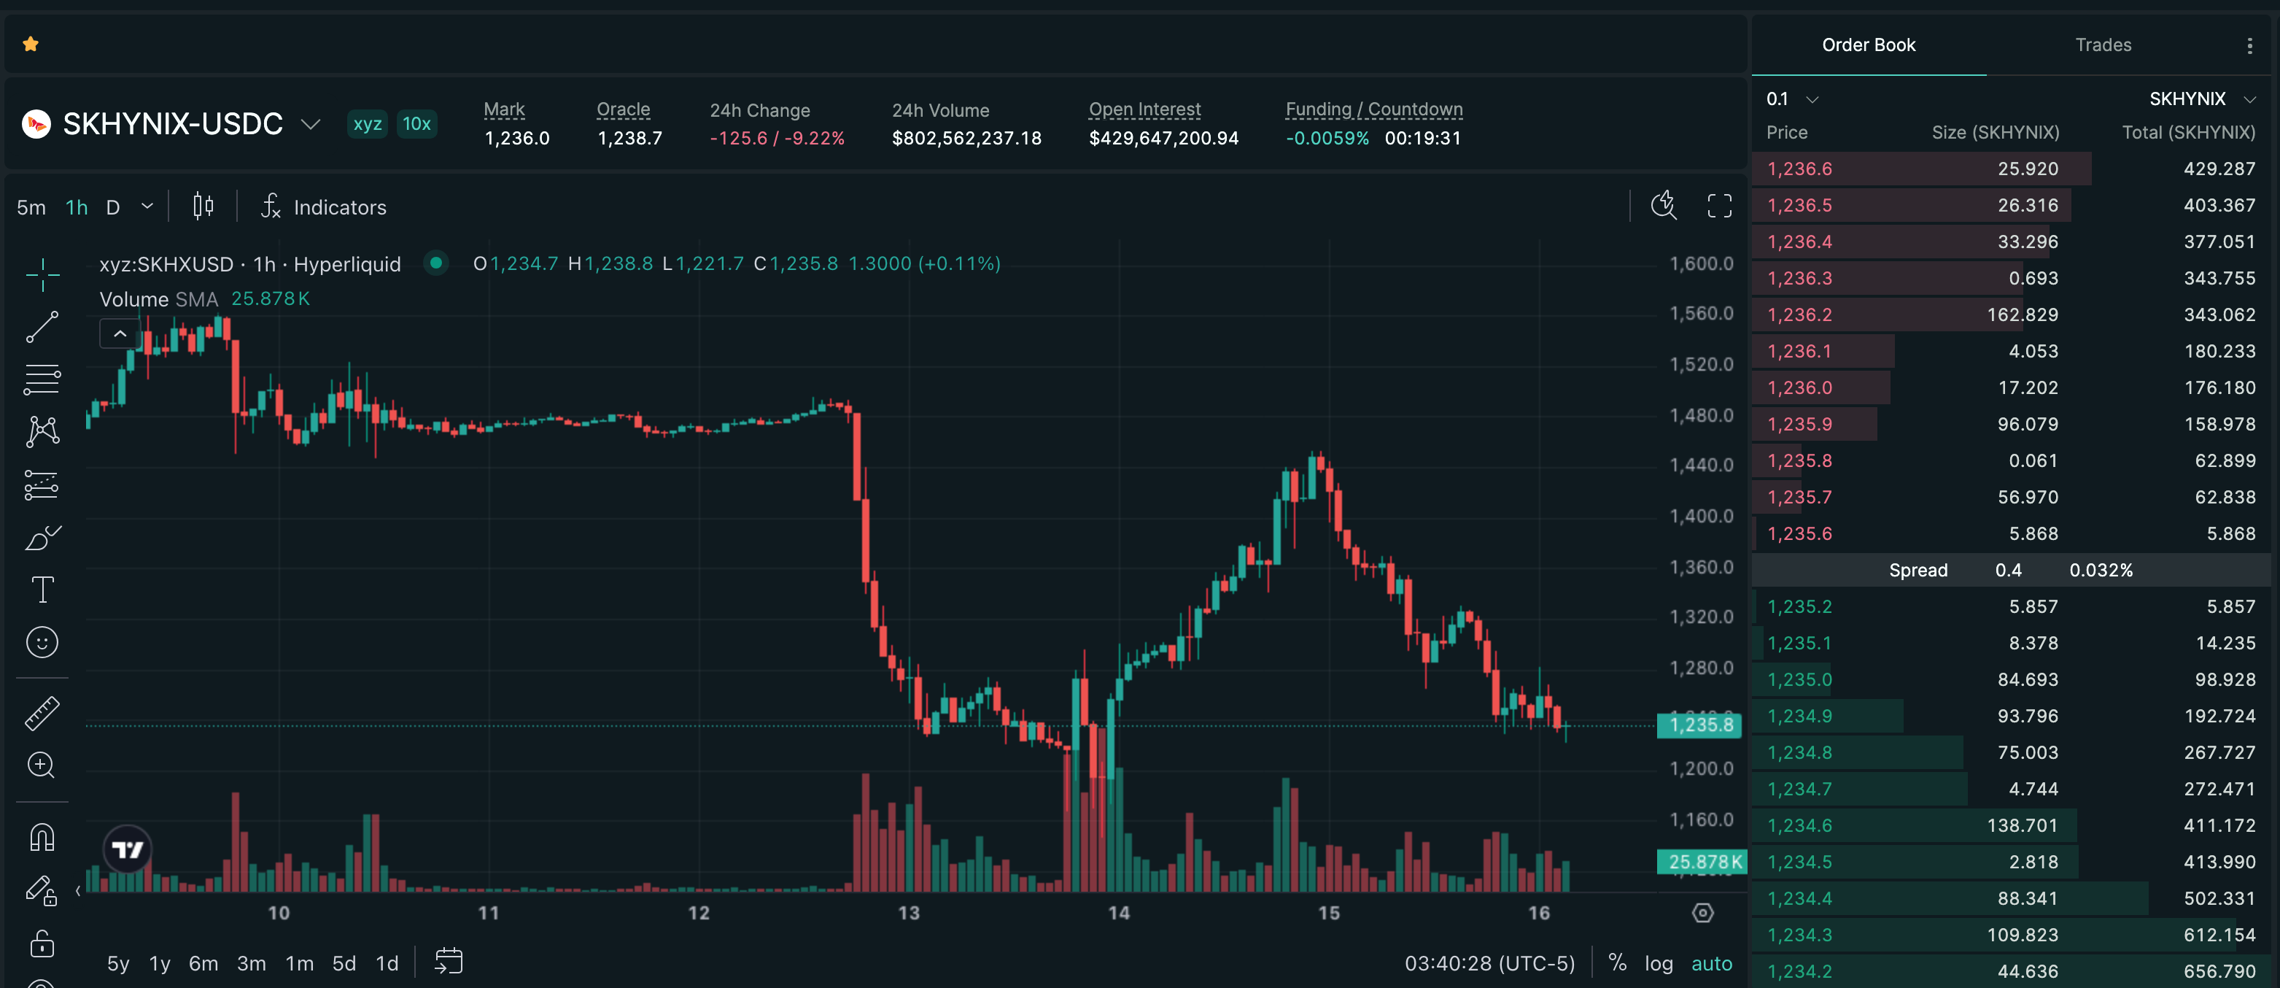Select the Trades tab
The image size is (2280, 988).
point(2103,45)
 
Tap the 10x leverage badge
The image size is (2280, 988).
point(416,124)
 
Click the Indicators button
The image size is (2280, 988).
point(324,207)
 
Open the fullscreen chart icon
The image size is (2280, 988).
point(1719,207)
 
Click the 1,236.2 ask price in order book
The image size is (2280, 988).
point(1799,314)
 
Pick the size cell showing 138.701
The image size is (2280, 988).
point(2022,825)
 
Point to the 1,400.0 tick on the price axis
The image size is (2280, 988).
point(1701,515)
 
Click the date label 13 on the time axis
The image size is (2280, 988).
point(908,913)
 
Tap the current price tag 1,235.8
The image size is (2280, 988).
point(1700,725)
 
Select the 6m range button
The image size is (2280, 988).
point(203,963)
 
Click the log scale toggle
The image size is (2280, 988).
point(1658,963)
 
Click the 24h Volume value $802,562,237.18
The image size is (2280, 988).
point(966,138)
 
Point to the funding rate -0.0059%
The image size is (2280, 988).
point(1327,138)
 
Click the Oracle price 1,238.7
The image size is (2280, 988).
point(629,138)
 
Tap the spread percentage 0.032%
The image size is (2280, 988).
point(2101,570)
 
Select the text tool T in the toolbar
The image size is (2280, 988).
point(42,590)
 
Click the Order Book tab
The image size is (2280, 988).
point(1869,45)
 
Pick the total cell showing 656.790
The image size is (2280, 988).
point(2219,971)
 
